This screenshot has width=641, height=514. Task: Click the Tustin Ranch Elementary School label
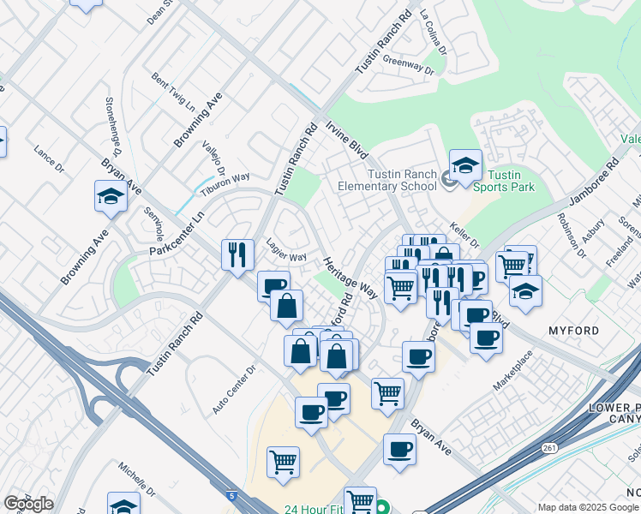pos(387,180)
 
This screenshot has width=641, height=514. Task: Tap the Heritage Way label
pos(350,276)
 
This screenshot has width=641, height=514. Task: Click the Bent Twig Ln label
pos(172,90)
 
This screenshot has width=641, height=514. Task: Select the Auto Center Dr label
pos(234,387)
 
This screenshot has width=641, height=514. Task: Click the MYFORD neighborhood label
pos(572,330)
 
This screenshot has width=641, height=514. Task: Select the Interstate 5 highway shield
pos(232,495)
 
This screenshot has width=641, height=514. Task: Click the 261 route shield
pos(549,446)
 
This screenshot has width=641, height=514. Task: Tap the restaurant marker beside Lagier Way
pos(237,254)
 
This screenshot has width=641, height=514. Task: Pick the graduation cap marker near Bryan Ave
pos(111,196)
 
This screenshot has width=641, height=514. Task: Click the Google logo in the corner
pos(28,504)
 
